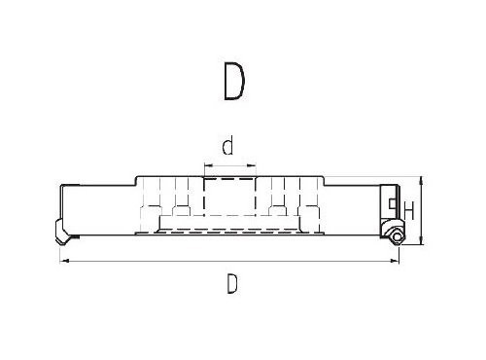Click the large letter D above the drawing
[234, 81]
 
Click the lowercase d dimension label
[227, 146]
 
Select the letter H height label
[409, 210]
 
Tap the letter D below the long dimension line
[232, 283]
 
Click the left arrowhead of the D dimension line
[65, 260]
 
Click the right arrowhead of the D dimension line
[395, 260]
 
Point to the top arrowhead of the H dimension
[421, 181]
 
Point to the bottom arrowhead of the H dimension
[421, 240]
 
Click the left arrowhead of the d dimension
[208, 165]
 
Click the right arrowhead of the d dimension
[252, 165]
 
